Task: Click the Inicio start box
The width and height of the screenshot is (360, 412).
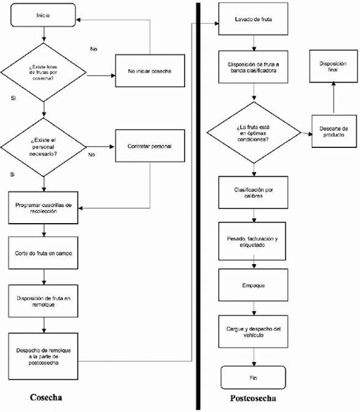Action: click(x=43, y=16)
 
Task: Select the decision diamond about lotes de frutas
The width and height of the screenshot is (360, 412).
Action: click(x=43, y=72)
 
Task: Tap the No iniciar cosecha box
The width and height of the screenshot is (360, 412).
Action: click(x=150, y=71)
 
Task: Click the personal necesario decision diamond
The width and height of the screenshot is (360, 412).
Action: click(x=43, y=147)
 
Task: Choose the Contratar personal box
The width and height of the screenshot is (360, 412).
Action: click(x=150, y=146)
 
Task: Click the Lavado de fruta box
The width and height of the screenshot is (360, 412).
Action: click(x=253, y=19)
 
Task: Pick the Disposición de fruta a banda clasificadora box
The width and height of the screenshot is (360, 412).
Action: click(x=253, y=67)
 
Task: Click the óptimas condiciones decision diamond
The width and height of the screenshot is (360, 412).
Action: click(x=253, y=132)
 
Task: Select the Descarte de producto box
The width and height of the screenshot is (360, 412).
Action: click(x=333, y=132)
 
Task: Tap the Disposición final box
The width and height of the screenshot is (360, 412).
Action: click(x=333, y=67)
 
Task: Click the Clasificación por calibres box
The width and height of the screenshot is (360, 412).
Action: click(x=253, y=193)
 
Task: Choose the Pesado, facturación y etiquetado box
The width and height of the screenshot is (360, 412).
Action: click(x=253, y=241)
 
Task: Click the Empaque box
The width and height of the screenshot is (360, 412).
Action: click(x=253, y=286)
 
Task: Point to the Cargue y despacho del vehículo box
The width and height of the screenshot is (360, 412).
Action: click(x=253, y=332)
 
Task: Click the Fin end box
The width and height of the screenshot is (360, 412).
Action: click(x=253, y=378)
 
